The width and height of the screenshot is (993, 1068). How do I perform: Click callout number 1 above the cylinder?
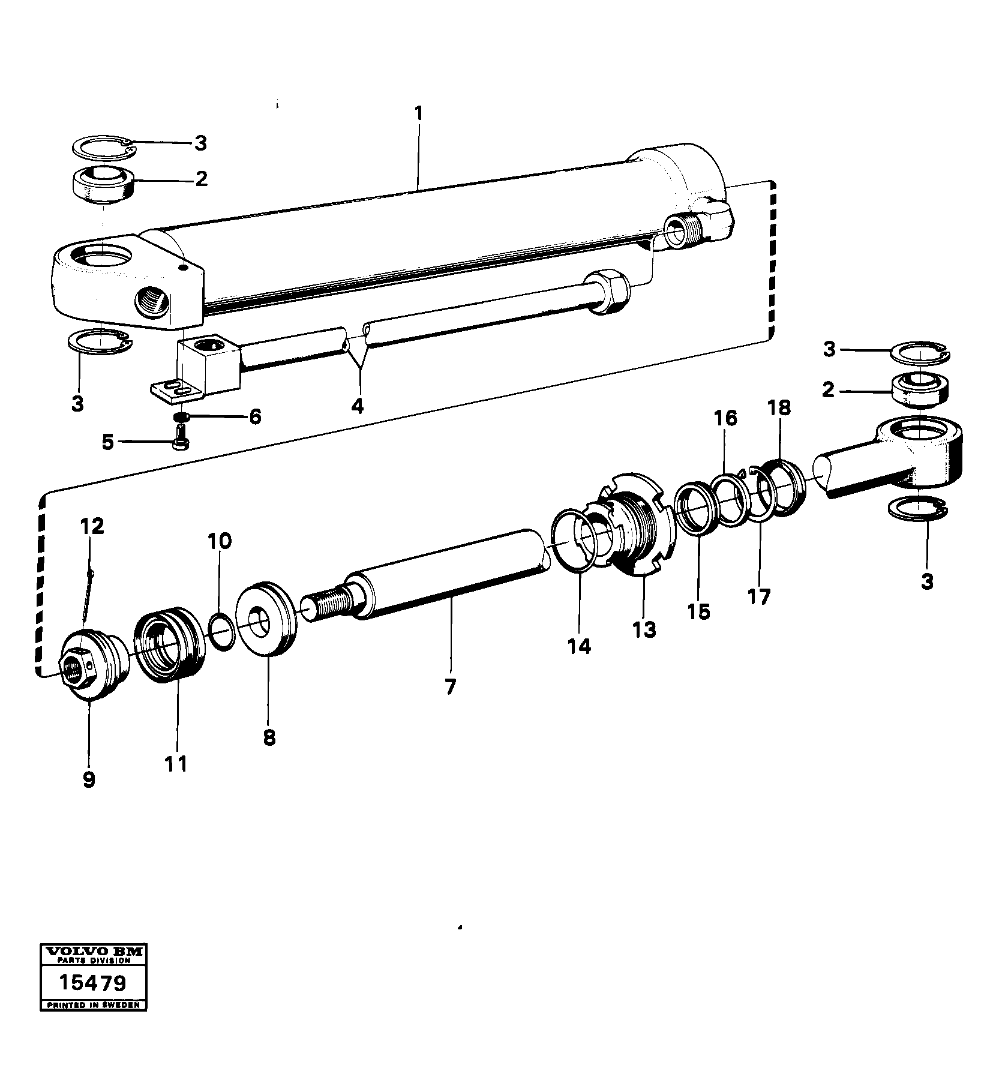[418, 113]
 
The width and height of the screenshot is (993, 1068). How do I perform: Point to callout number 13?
[644, 629]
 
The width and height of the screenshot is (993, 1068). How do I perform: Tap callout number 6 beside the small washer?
[256, 416]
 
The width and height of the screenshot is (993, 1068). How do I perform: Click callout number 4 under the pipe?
[357, 406]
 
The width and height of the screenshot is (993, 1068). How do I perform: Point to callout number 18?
[779, 408]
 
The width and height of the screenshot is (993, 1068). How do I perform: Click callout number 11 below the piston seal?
[177, 764]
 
